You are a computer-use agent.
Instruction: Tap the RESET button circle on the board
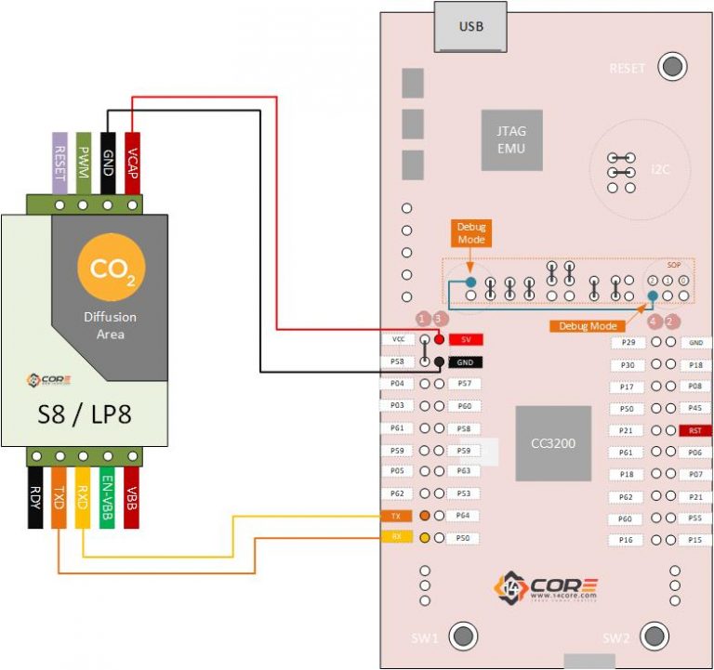[671, 68]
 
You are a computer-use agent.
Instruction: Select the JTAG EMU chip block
[511, 140]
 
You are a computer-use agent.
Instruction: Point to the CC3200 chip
[553, 443]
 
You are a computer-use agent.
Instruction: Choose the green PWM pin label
[84, 163]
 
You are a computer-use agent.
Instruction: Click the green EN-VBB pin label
[108, 503]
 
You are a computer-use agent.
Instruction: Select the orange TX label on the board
[395, 516]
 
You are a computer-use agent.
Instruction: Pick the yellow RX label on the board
[395, 538]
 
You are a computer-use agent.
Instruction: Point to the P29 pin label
[628, 343]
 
